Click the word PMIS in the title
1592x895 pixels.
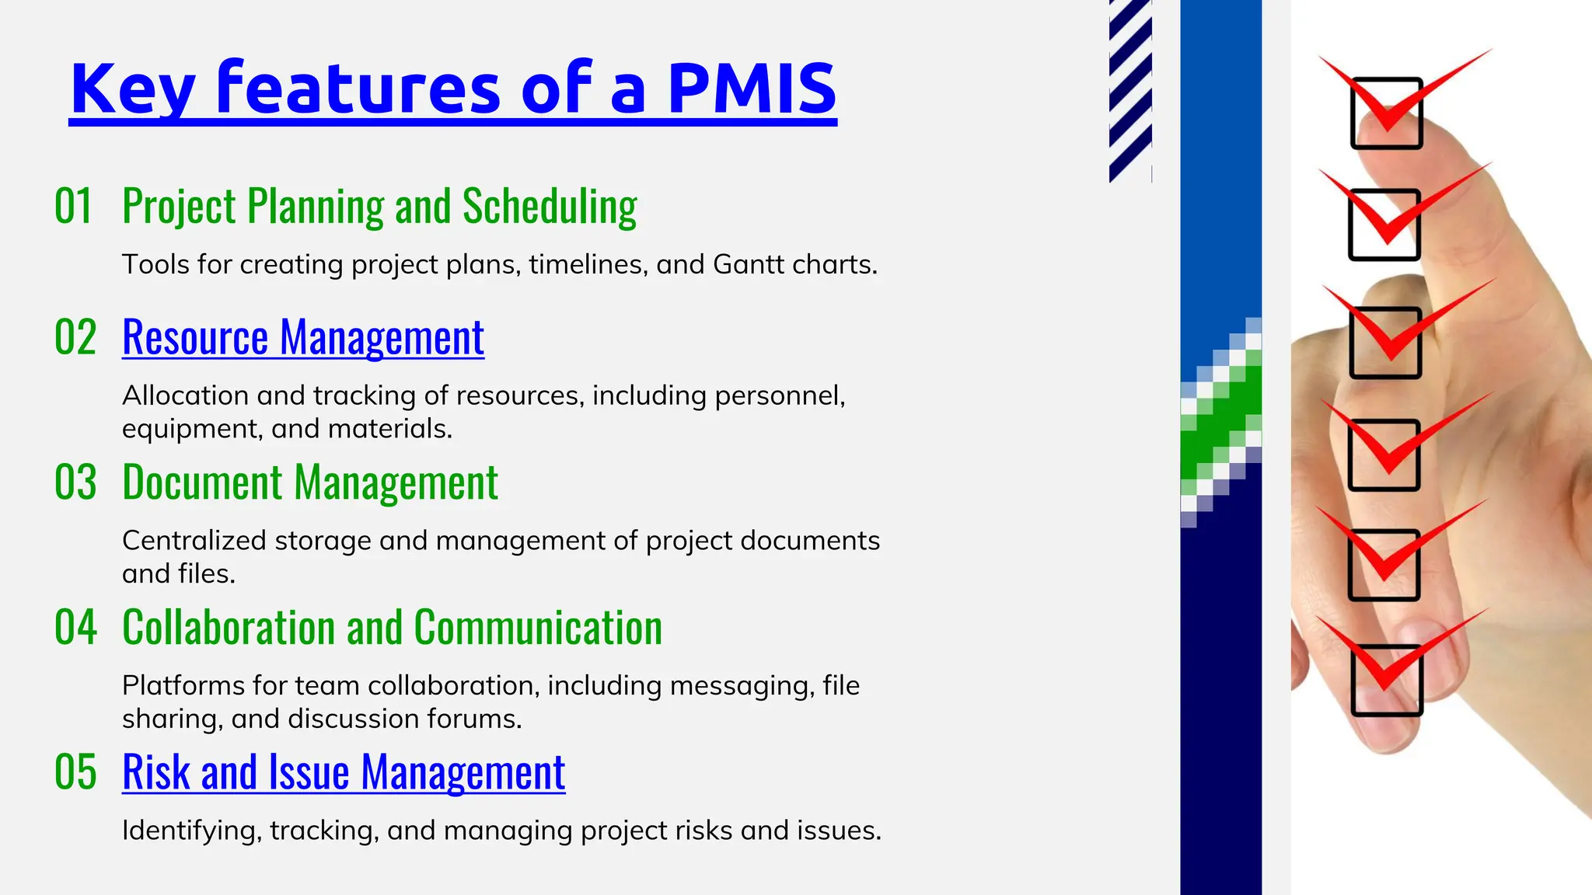point(752,88)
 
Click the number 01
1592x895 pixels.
point(74,207)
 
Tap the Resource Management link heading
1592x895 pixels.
point(303,338)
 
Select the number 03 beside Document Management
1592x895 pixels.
point(75,482)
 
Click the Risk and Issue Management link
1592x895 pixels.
point(344,773)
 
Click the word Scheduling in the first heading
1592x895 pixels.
point(550,207)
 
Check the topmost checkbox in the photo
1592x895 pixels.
point(1387,113)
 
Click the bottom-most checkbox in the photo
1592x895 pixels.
point(1387,681)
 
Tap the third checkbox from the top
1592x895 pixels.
point(1385,343)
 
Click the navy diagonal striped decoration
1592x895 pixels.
point(1129,89)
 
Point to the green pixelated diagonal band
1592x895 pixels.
point(1220,420)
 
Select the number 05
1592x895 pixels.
point(75,773)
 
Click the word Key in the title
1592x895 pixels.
point(132,89)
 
